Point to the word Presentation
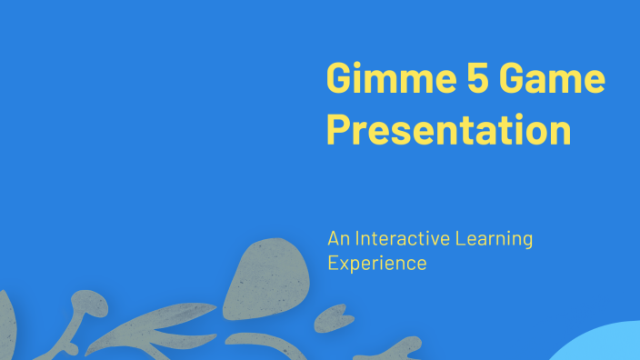tap(448, 130)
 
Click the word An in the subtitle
tap(337, 239)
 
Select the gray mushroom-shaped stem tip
tap(85, 299)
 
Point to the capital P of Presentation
tap(337, 130)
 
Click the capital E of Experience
tap(333, 264)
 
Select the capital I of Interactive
tap(357, 239)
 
